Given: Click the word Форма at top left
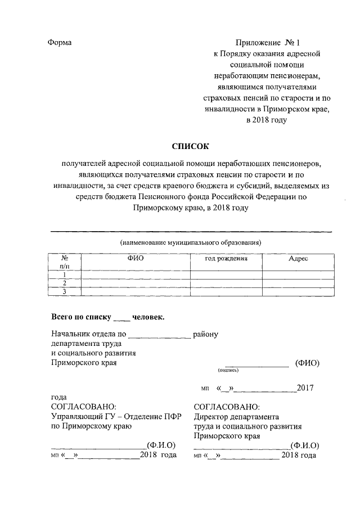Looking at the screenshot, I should [61, 43].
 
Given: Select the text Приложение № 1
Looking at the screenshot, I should [269, 43].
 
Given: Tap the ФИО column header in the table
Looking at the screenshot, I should [136, 258].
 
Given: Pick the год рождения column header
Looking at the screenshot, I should [226, 258].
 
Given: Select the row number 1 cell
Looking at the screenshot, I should [65, 274].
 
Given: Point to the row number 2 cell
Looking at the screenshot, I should [65, 283].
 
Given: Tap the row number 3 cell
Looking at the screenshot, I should [65, 291].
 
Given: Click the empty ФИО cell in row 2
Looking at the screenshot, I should [136, 283].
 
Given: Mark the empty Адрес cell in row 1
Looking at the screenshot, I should [298, 274].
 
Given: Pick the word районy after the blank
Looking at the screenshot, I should [205, 334].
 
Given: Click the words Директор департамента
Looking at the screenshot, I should [236, 417].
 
